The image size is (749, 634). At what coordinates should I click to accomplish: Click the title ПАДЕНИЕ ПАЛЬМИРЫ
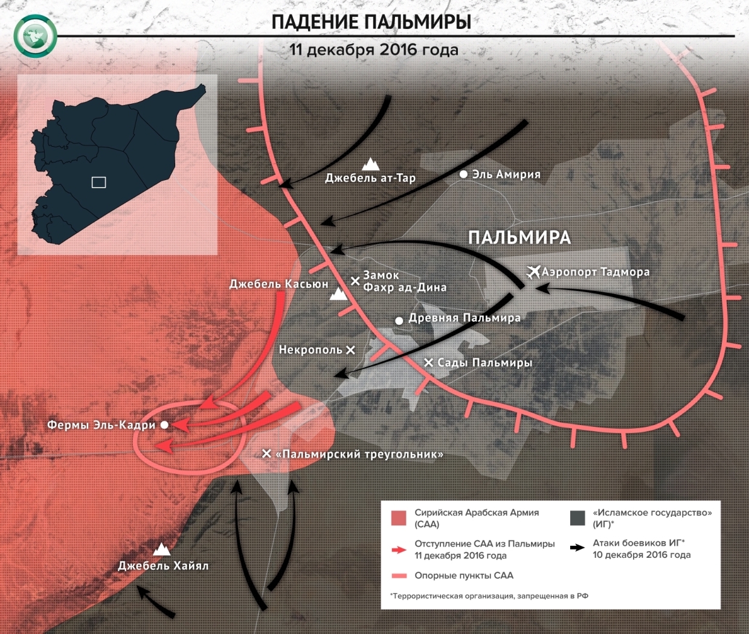(x=371, y=22)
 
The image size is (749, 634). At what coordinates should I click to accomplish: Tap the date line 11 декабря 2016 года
(x=373, y=50)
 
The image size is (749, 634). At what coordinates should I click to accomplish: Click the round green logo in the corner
(x=36, y=36)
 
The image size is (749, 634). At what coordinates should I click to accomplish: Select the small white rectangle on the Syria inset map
(x=98, y=182)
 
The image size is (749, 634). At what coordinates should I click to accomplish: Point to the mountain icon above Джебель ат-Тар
(x=370, y=164)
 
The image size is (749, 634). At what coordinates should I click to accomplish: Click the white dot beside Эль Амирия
(x=463, y=174)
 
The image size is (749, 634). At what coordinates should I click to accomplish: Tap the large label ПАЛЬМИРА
(x=519, y=237)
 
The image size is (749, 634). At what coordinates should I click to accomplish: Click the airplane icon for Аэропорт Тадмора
(x=533, y=272)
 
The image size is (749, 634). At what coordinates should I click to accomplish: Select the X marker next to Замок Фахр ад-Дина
(x=355, y=281)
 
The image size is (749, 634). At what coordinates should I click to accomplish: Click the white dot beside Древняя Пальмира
(x=399, y=321)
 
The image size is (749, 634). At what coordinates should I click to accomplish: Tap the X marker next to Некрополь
(x=350, y=350)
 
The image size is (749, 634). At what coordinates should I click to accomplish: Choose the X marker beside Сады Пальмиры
(x=428, y=362)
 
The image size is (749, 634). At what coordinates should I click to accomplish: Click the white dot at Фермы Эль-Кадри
(x=164, y=425)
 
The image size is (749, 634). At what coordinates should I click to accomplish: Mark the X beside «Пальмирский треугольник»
(x=266, y=453)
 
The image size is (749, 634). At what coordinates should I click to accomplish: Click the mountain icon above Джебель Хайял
(x=161, y=549)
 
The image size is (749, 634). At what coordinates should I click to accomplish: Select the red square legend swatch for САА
(x=399, y=518)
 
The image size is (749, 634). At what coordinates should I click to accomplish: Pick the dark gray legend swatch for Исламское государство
(x=577, y=518)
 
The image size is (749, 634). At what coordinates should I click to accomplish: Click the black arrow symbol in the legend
(x=577, y=548)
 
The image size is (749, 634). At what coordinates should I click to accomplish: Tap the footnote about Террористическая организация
(x=489, y=596)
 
